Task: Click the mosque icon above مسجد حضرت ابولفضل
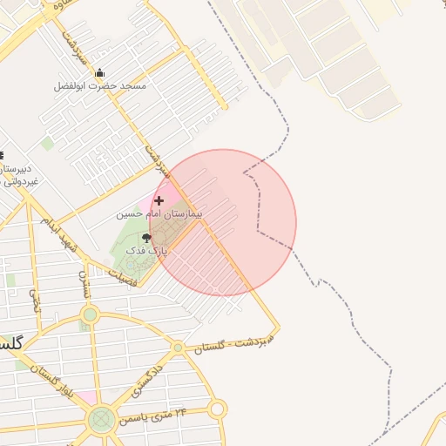[x=99, y=73]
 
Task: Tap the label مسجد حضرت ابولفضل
[x=99, y=86]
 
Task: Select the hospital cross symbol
[x=159, y=200]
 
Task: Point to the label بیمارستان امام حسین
[x=159, y=213]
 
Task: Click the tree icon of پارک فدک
[x=145, y=237]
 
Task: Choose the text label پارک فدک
[x=145, y=250]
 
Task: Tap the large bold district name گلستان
[x=9, y=342]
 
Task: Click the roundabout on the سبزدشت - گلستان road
[x=178, y=348]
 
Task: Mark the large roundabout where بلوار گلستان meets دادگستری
[x=101, y=420]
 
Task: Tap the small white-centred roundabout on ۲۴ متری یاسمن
[x=217, y=409]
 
